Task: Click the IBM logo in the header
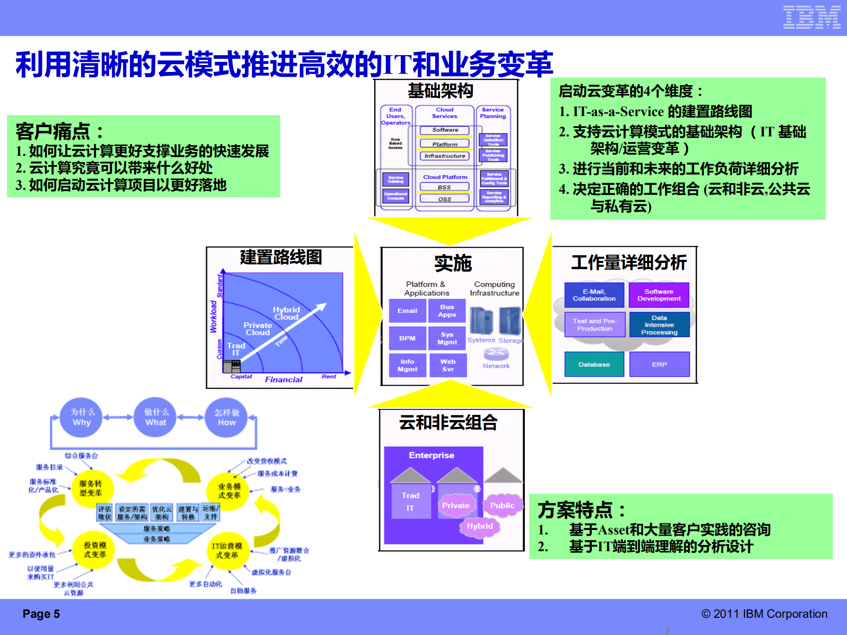(811, 17)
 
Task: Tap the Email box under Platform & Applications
(407, 311)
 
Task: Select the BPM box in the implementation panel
(407, 338)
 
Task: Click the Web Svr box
(448, 365)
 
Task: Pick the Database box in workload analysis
(594, 364)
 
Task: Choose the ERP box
(659, 364)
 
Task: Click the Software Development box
(659, 295)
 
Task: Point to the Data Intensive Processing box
(659, 325)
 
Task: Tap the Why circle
(82, 417)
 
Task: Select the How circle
(227, 417)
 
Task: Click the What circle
(155, 417)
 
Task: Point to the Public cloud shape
(502, 506)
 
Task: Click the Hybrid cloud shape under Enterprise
(480, 526)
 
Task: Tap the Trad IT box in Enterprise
(410, 502)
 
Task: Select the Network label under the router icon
(496, 366)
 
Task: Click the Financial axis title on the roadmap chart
(283, 379)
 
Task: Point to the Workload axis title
(214, 316)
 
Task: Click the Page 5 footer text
(41, 614)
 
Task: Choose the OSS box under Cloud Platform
(444, 199)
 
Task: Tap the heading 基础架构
(440, 91)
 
